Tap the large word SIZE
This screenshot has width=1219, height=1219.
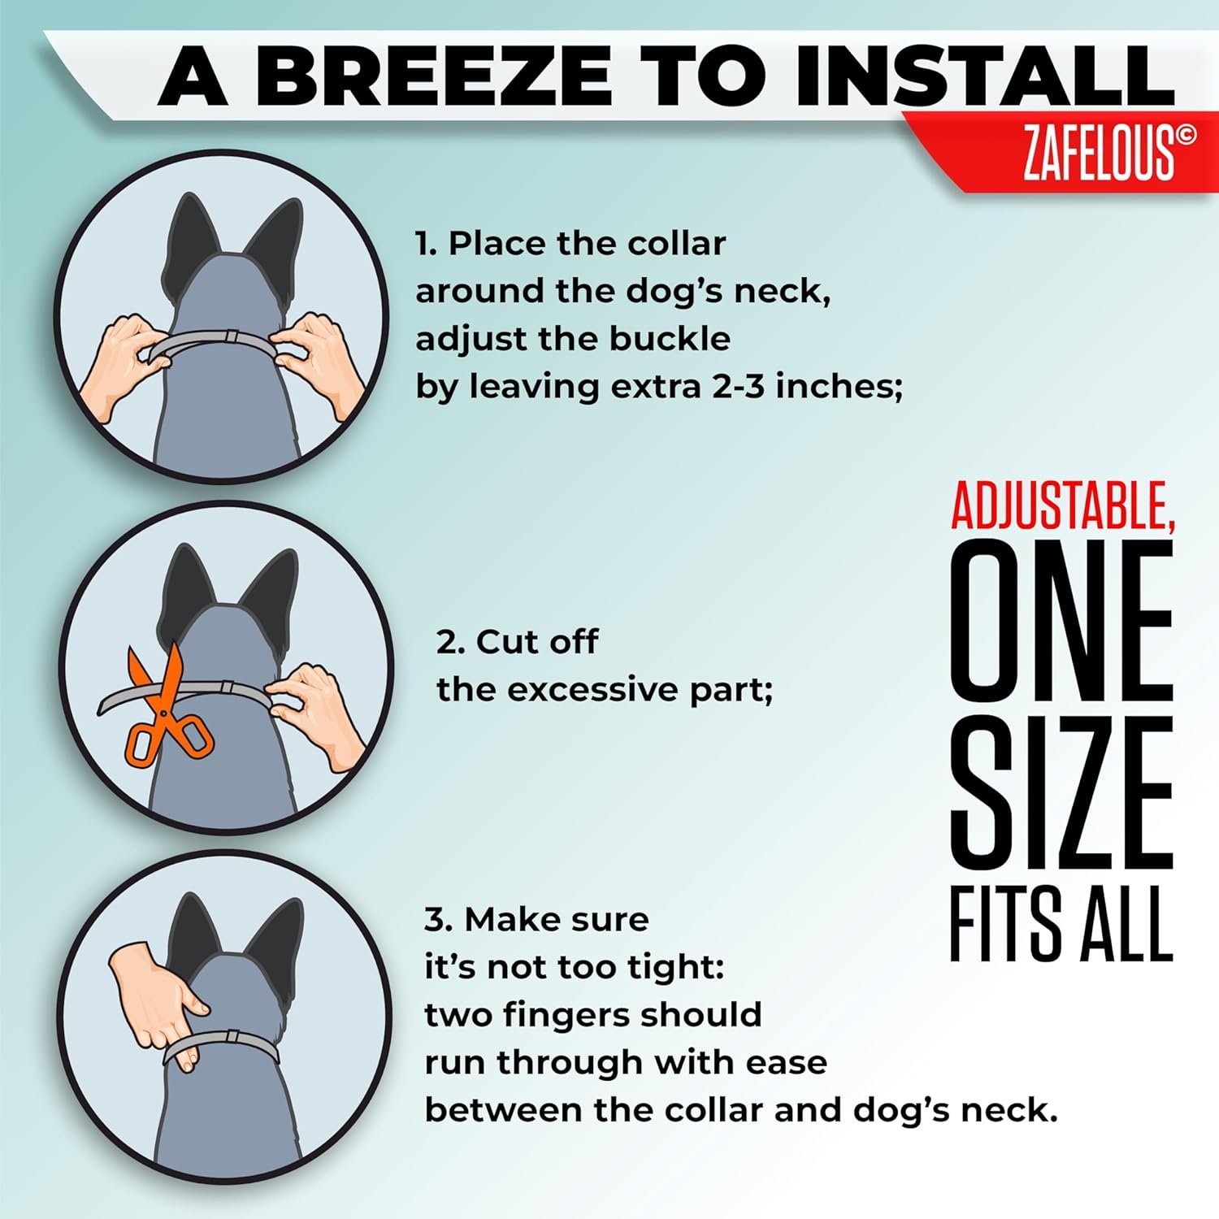(x=1061, y=792)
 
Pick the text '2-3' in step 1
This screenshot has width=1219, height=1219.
(x=739, y=386)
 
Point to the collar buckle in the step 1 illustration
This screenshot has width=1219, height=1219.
(x=231, y=336)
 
